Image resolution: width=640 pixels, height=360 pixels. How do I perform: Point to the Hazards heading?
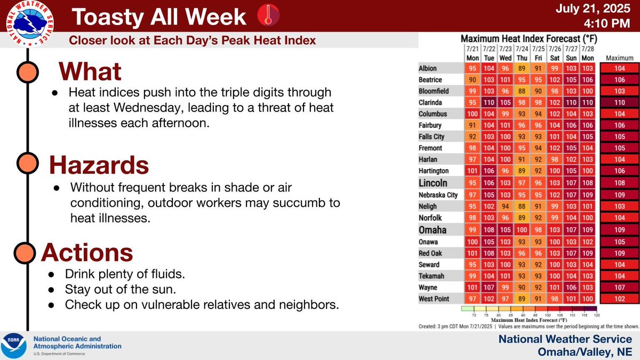pyautogui.click(x=99, y=166)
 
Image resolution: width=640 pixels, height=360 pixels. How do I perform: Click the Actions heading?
pyautogui.click(x=87, y=251)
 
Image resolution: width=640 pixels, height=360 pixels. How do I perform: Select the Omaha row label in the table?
pyautogui.click(x=433, y=230)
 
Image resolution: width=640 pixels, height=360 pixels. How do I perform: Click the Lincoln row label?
pyautogui.click(x=434, y=183)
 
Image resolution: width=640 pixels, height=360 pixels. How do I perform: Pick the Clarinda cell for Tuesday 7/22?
pyautogui.click(x=489, y=102)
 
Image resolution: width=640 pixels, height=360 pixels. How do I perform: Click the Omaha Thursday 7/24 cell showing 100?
pyautogui.click(x=523, y=230)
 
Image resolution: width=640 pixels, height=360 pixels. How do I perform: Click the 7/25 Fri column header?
pyautogui.click(x=539, y=53)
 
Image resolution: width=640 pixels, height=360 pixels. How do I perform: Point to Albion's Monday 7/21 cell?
pyautogui.click(x=473, y=69)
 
